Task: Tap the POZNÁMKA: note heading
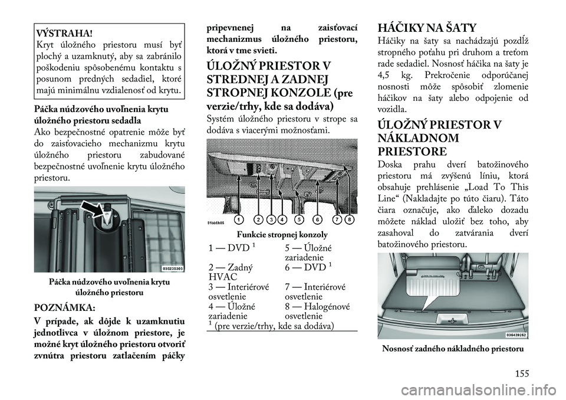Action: tap(64, 308)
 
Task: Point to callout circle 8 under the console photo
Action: tap(348, 219)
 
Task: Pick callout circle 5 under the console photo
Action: tap(299, 219)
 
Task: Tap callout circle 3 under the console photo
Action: tap(271, 219)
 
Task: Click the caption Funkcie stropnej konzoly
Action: tap(282, 235)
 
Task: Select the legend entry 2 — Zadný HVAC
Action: tap(231, 272)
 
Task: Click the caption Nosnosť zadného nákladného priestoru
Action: tap(452, 348)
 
